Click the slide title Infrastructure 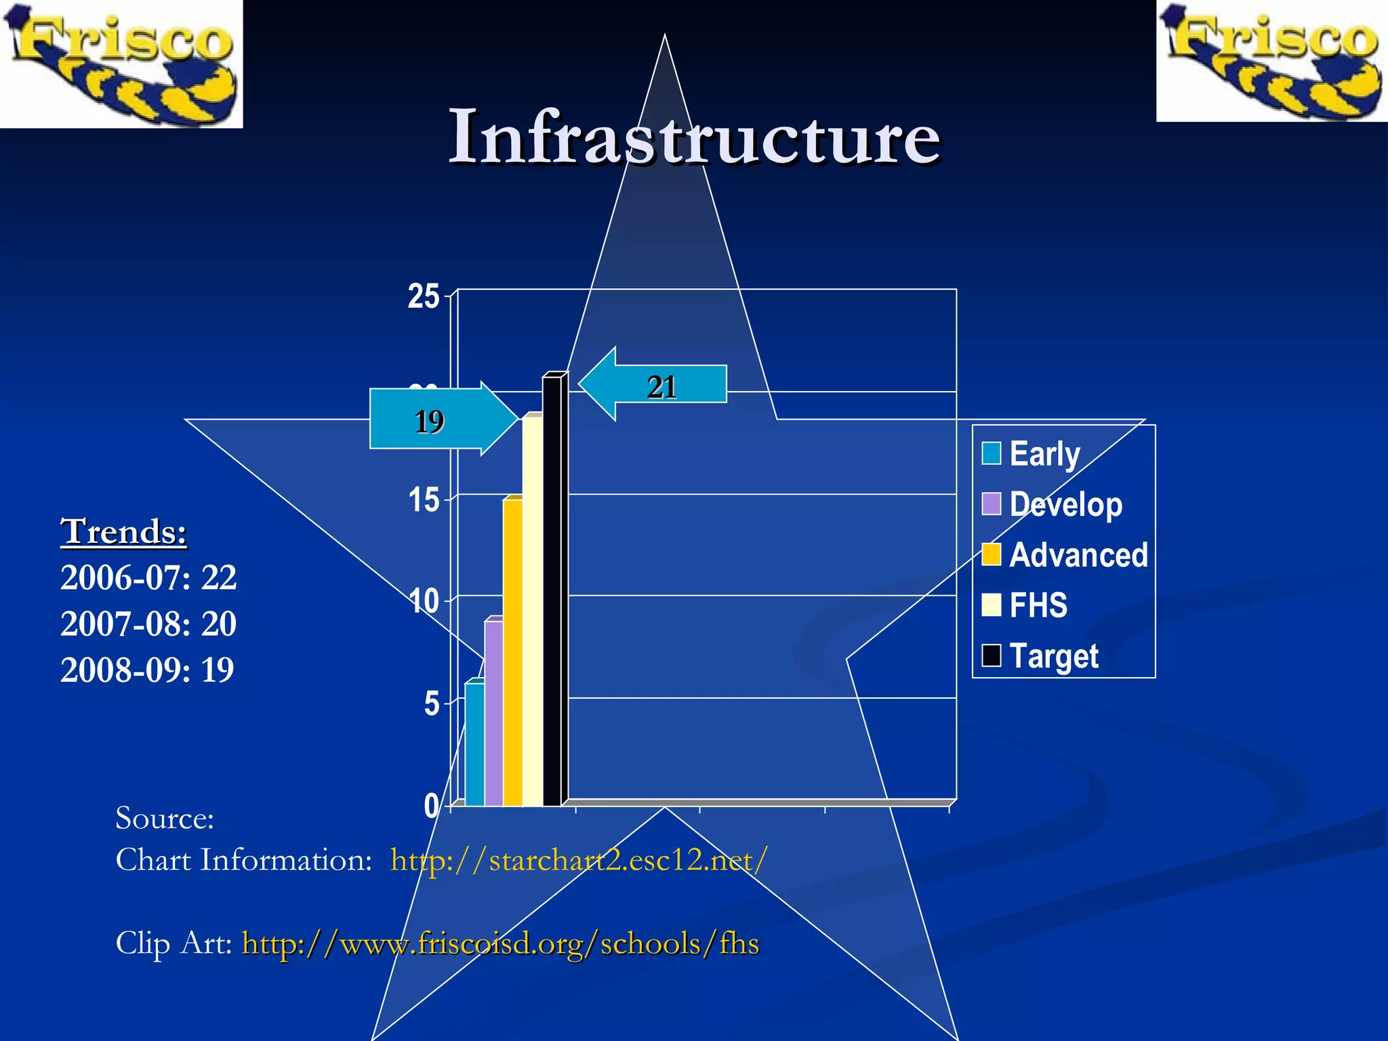click(694, 138)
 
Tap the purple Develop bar click(493, 712)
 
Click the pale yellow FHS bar click(532, 610)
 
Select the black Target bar click(552, 590)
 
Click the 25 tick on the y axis click(424, 297)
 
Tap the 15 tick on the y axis click(424, 501)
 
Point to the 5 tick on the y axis click(432, 704)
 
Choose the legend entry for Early click(1031, 453)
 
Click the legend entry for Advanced click(1065, 554)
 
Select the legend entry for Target click(1040, 655)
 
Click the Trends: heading click(123, 531)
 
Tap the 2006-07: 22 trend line click(148, 577)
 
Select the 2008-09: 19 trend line click(147, 670)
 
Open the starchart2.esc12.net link click(579, 860)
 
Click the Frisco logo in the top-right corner click(1272, 61)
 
